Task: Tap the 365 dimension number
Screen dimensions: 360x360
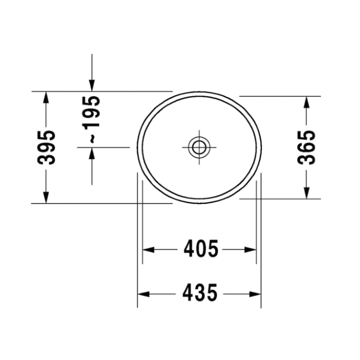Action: click(307, 147)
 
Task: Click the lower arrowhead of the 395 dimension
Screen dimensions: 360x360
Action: click(46, 197)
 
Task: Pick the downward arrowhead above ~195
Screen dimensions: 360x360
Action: click(92, 85)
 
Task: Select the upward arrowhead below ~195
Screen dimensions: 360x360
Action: click(92, 153)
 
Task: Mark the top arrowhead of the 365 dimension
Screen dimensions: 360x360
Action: click(307, 102)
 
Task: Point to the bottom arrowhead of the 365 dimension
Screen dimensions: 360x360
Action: click(307, 193)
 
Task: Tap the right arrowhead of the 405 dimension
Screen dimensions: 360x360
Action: click(250, 249)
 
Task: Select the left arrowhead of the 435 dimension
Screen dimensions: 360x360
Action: click(143, 294)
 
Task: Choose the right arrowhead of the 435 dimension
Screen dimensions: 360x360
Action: click(256, 294)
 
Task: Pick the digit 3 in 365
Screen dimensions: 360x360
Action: click(307, 158)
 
